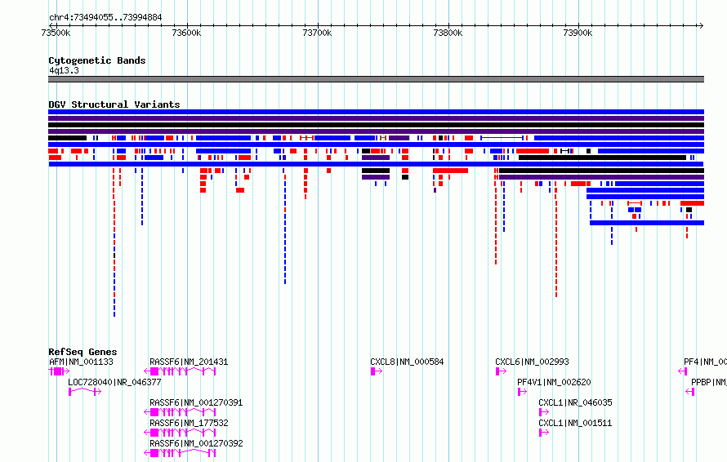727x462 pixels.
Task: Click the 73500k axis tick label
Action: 56,33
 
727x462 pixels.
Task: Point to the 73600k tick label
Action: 186,33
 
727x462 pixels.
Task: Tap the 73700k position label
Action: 317,33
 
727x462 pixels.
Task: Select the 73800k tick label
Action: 448,33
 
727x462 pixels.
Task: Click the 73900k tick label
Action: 578,33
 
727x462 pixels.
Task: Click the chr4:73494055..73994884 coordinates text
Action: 105,18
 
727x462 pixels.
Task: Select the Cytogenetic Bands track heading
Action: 97,60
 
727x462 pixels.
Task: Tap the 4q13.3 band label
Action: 64,70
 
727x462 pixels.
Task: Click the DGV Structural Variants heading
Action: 114,104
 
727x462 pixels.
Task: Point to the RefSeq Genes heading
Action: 83,352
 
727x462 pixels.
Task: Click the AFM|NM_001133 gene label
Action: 81,362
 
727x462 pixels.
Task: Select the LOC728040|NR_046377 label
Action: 114,382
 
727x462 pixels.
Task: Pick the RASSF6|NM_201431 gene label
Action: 189,362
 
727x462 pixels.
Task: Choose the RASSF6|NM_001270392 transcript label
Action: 196,443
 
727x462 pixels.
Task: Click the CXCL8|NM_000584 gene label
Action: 407,362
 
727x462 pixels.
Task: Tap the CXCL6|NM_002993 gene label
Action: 532,362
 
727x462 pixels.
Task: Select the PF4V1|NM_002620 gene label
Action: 554,382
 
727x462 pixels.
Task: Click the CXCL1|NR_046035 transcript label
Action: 575,402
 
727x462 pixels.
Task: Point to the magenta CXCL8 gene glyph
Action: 377,371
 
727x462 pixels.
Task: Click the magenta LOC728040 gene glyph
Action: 85,392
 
